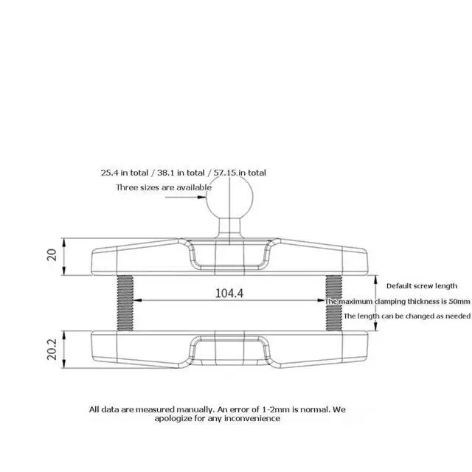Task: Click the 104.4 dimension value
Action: pos(229,293)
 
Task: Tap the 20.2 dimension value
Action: pos(52,349)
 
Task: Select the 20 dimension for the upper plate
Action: pos(52,254)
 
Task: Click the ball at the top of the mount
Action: pos(229,197)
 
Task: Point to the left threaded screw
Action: pos(125,303)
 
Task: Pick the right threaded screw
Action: pos(334,303)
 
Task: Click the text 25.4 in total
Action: pos(125,173)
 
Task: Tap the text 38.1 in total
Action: pos(181,173)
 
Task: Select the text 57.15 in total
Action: pos(240,173)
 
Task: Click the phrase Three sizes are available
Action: pos(164,187)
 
